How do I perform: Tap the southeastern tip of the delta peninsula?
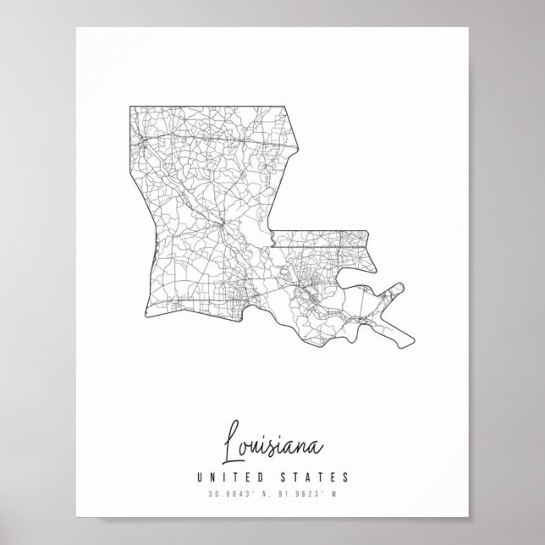413,345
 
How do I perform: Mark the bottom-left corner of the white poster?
76,517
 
